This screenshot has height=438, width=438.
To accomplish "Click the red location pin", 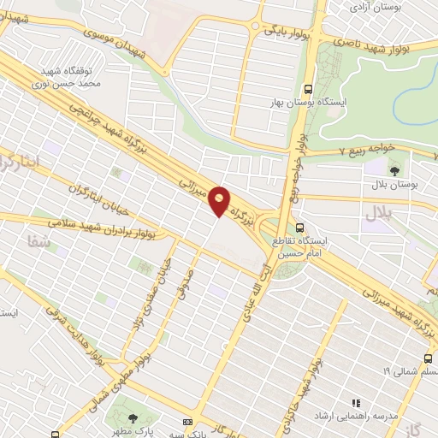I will pos(220,200).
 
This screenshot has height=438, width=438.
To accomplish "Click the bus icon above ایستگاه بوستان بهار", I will pos(308,89).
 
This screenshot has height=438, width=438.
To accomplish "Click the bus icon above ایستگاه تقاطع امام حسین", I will pos(299,228).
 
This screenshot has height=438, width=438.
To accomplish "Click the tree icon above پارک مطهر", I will pos(133,417).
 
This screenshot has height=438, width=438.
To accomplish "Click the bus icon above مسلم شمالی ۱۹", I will pos(427,358).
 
